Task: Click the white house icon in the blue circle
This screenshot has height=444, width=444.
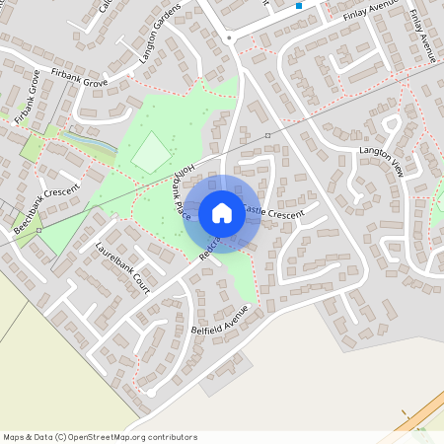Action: [x=222, y=212]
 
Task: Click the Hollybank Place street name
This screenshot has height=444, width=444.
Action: [x=183, y=191]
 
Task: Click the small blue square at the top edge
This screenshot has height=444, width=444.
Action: [x=299, y=6]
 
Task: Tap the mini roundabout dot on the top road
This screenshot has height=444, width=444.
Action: [x=229, y=37]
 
